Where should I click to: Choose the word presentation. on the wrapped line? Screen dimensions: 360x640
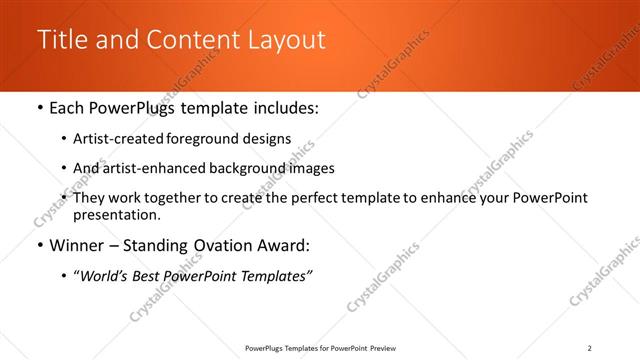[x=116, y=214]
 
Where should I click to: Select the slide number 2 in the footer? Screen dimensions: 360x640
[x=589, y=348]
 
